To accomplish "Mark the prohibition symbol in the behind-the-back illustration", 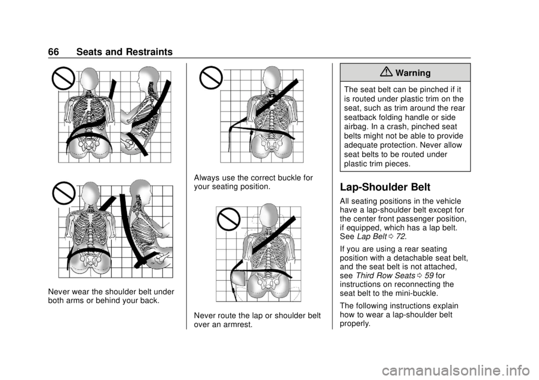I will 64,194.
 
